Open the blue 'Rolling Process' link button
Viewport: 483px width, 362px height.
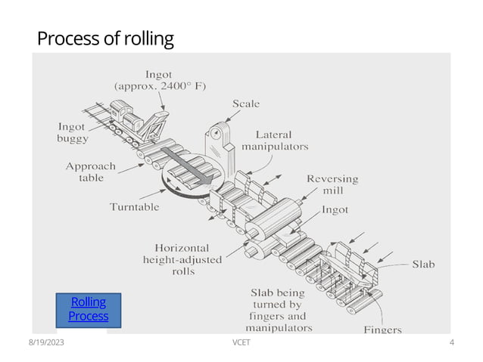click(x=88, y=309)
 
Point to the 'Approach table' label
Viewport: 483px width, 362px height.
click(x=91, y=172)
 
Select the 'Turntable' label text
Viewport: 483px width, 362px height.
click(x=134, y=206)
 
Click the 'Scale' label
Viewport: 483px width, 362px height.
click(x=245, y=104)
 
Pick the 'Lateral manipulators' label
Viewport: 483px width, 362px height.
click(x=275, y=140)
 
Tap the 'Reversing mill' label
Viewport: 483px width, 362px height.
click(x=332, y=184)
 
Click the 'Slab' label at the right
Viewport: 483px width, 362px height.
click(x=423, y=265)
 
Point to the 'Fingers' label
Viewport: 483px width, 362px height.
click(x=382, y=330)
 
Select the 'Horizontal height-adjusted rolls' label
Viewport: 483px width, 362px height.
click(x=182, y=259)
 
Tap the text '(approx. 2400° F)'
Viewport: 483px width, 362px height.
click(x=160, y=86)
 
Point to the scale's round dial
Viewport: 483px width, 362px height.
click(x=217, y=130)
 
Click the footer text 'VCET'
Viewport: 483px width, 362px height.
click(x=242, y=343)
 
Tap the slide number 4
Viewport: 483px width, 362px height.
click(x=451, y=343)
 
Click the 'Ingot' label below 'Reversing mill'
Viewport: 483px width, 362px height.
click(x=335, y=209)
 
